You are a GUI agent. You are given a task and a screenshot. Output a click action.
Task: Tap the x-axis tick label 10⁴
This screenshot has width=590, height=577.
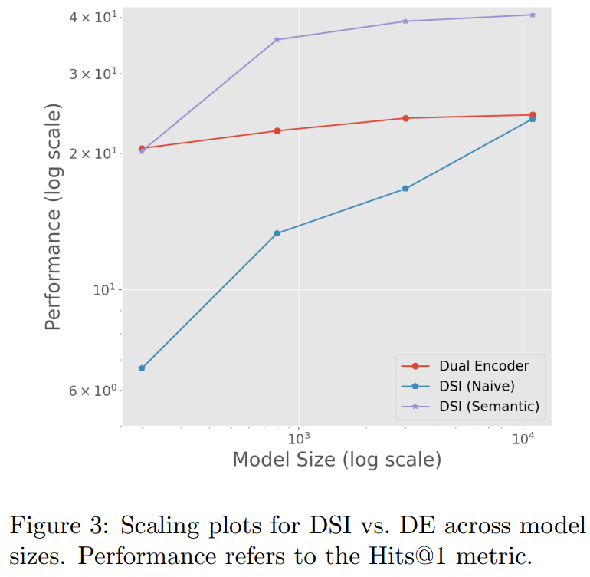click(x=523, y=438)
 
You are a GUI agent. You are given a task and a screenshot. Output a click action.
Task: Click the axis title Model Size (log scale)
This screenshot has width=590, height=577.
click(x=337, y=460)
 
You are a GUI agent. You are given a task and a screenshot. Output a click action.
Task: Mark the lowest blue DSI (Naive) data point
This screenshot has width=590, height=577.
click(x=142, y=368)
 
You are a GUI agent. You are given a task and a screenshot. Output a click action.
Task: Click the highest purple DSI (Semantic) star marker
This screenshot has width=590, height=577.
click(x=533, y=15)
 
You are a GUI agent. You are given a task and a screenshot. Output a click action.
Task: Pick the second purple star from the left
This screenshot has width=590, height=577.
click(x=277, y=39)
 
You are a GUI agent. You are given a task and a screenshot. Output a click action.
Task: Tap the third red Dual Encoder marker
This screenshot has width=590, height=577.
click(x=405, y=118)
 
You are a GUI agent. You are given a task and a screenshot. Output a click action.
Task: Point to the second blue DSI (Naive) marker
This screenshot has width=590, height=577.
click(x=277, y=233)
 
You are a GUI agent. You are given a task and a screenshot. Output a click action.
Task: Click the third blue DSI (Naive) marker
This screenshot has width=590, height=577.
click(x=405, y=189)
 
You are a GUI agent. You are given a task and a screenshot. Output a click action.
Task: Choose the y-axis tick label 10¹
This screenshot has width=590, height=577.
click(x=102, y=289)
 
